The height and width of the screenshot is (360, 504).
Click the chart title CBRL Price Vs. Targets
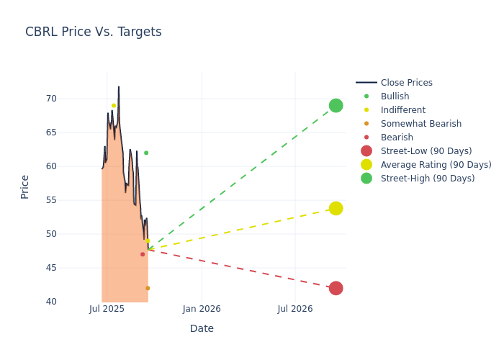coord(94,32)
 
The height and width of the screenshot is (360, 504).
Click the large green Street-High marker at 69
coord(336,106)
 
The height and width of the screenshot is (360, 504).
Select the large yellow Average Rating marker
coord(336,208)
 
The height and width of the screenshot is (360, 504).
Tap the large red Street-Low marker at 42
coord(336,288)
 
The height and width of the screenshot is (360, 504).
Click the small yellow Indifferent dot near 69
coord(114,106)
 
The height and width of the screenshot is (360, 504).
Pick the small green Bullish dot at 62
coord(146,153)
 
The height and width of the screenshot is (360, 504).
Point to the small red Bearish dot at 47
coord(143,254)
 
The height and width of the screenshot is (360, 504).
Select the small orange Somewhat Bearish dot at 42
coord(148,288)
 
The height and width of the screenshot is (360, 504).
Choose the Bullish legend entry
coord(395,96)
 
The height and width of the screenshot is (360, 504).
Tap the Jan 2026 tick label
coord(202,310)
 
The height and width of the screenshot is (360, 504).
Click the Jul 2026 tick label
coord(295,310)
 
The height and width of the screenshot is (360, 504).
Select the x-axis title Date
coord(202,329)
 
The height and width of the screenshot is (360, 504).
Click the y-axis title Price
coord(25,186)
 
